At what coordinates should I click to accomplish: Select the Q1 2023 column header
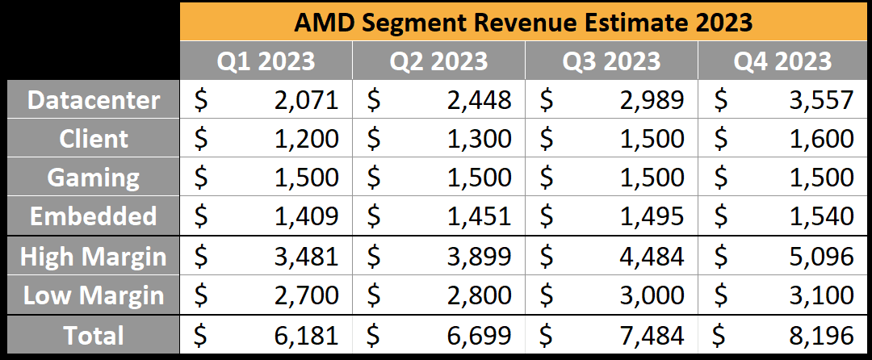pyautogui.click(x=266, y=61)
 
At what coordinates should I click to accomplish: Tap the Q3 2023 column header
pyautogui.click(x=611, y=61)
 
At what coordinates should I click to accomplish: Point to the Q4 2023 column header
pyautogui.click(x=782, y=61)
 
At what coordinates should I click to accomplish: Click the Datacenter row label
pyautogui.click(x=94, y=100)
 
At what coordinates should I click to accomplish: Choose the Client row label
pyautogui.click(x=94, y=139)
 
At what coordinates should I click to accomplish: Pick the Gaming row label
pyautogui.click(x=94, y=178)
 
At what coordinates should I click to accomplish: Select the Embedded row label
pyautogui.click(x=94, y=216)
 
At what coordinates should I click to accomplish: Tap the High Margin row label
pyautogui.click(x=94, y=257)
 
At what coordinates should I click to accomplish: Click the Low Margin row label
pyautogui.click(x=94, y=295)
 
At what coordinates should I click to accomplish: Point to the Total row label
pyautogui.click(x=94, y=335)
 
